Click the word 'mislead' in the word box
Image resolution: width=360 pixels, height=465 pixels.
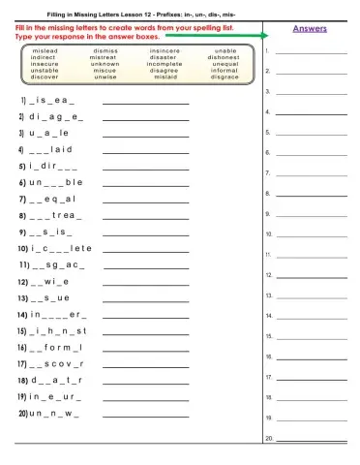click(45, 50)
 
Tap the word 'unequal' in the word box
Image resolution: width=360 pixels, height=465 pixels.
click(225, 64)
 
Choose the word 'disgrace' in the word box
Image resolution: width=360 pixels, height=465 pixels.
click(225, 77)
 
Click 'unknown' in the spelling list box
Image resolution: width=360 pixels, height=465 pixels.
click(105, 64)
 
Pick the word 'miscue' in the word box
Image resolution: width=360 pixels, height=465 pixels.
click(105, 71)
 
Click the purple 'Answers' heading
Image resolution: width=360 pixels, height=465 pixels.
click(309, 29)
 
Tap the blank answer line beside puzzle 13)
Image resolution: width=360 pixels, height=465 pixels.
click(145, 301)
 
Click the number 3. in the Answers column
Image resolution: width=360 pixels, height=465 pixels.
click(267, 91)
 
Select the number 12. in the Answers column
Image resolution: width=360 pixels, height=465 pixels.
click(269, 275)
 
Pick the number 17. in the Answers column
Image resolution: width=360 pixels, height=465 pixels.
click(269, 377)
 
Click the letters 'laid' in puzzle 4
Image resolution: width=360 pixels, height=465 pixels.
click(61, 150)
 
